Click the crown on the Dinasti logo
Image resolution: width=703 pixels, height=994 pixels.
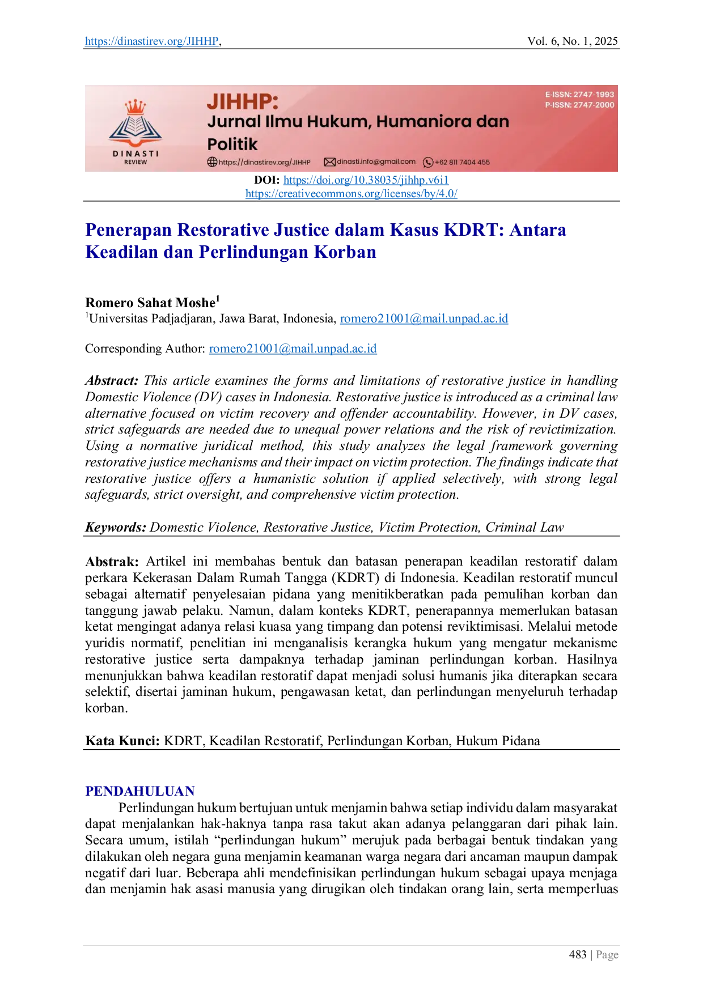[x=135, y=107]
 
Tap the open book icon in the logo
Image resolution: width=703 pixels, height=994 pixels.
[x=135, y=128]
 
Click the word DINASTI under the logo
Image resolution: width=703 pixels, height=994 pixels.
[x=135, y=154]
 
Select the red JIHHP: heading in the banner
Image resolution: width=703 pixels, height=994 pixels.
[x=243, y=101]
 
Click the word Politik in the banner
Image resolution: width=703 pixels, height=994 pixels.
[x=232, y=144]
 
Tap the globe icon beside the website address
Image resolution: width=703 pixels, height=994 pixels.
[x=212, y=162]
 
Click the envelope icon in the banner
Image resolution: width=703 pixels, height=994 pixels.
[x=329, y=162]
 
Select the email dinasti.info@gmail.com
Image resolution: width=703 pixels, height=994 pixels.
[x=376, y=162]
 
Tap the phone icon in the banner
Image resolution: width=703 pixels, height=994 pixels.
[x=428, y=162]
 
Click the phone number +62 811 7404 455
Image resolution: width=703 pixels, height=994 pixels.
[x=462, y=162]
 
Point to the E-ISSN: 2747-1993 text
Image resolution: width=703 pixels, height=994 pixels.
[x=579, y=95]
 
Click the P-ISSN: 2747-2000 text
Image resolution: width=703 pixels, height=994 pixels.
[x=579, y=105]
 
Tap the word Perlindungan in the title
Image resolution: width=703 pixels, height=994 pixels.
[x=253, y=251]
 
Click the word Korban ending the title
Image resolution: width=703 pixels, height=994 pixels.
[x=345, y=251]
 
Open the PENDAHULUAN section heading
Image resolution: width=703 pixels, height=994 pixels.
[x=139, y=791]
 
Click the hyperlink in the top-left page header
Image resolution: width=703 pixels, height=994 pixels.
[x=151, y=41]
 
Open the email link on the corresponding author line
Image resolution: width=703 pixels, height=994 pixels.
[x=294, y=349]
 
